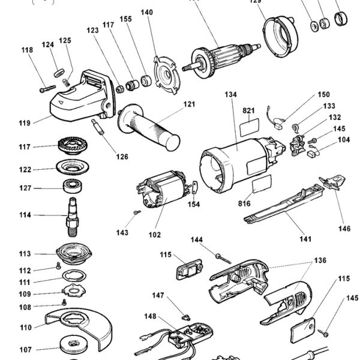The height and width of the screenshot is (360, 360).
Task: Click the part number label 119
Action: click(x=24, y=124)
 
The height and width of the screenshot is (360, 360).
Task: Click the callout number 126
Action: click(x=122, y=157)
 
